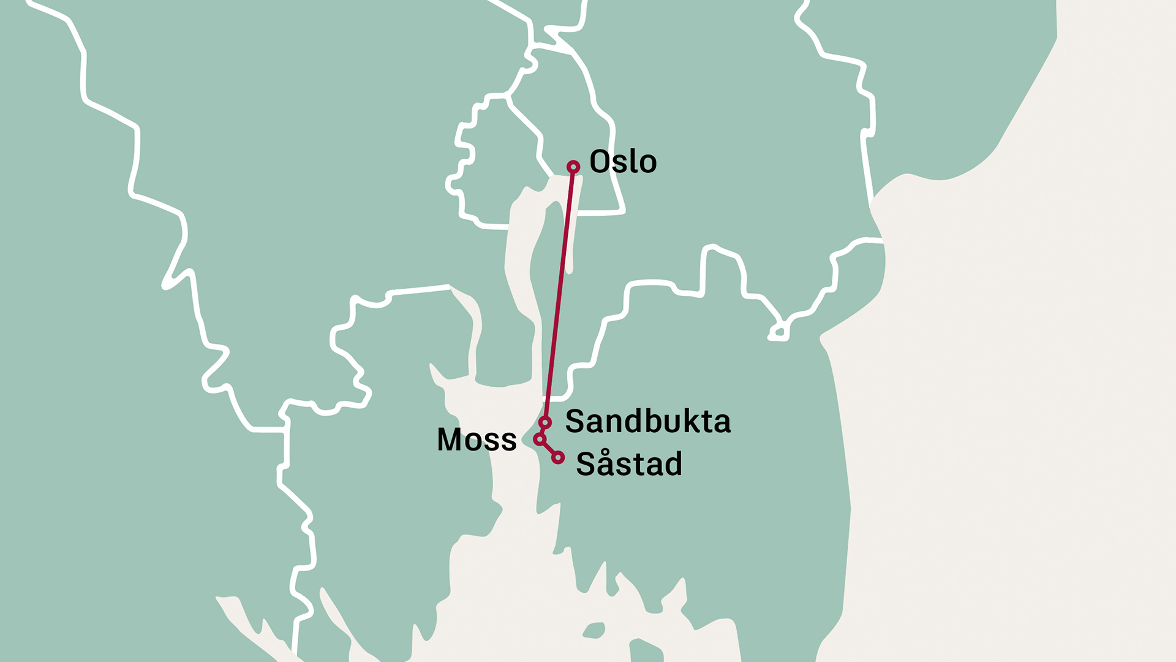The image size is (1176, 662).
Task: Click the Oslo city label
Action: point(623,162)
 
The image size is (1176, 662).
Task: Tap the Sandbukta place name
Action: point(647,422)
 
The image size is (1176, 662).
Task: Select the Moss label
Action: point(477,439)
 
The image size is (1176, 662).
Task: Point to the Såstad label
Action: point(628,464)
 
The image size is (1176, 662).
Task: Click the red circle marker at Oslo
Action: point(573,167)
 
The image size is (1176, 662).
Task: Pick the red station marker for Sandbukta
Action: point(545,422)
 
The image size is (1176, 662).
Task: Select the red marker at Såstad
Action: point(557,457)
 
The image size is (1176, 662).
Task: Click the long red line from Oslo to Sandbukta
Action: point(559,294)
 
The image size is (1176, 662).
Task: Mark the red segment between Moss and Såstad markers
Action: point(549,449)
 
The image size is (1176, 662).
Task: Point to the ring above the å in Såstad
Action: point(605,454)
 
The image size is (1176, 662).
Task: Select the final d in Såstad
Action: point(674,464)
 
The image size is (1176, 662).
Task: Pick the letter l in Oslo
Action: point(631,161)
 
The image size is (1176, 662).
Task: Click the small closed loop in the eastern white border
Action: point(778,333)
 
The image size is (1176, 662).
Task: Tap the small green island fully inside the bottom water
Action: point(594,630)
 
